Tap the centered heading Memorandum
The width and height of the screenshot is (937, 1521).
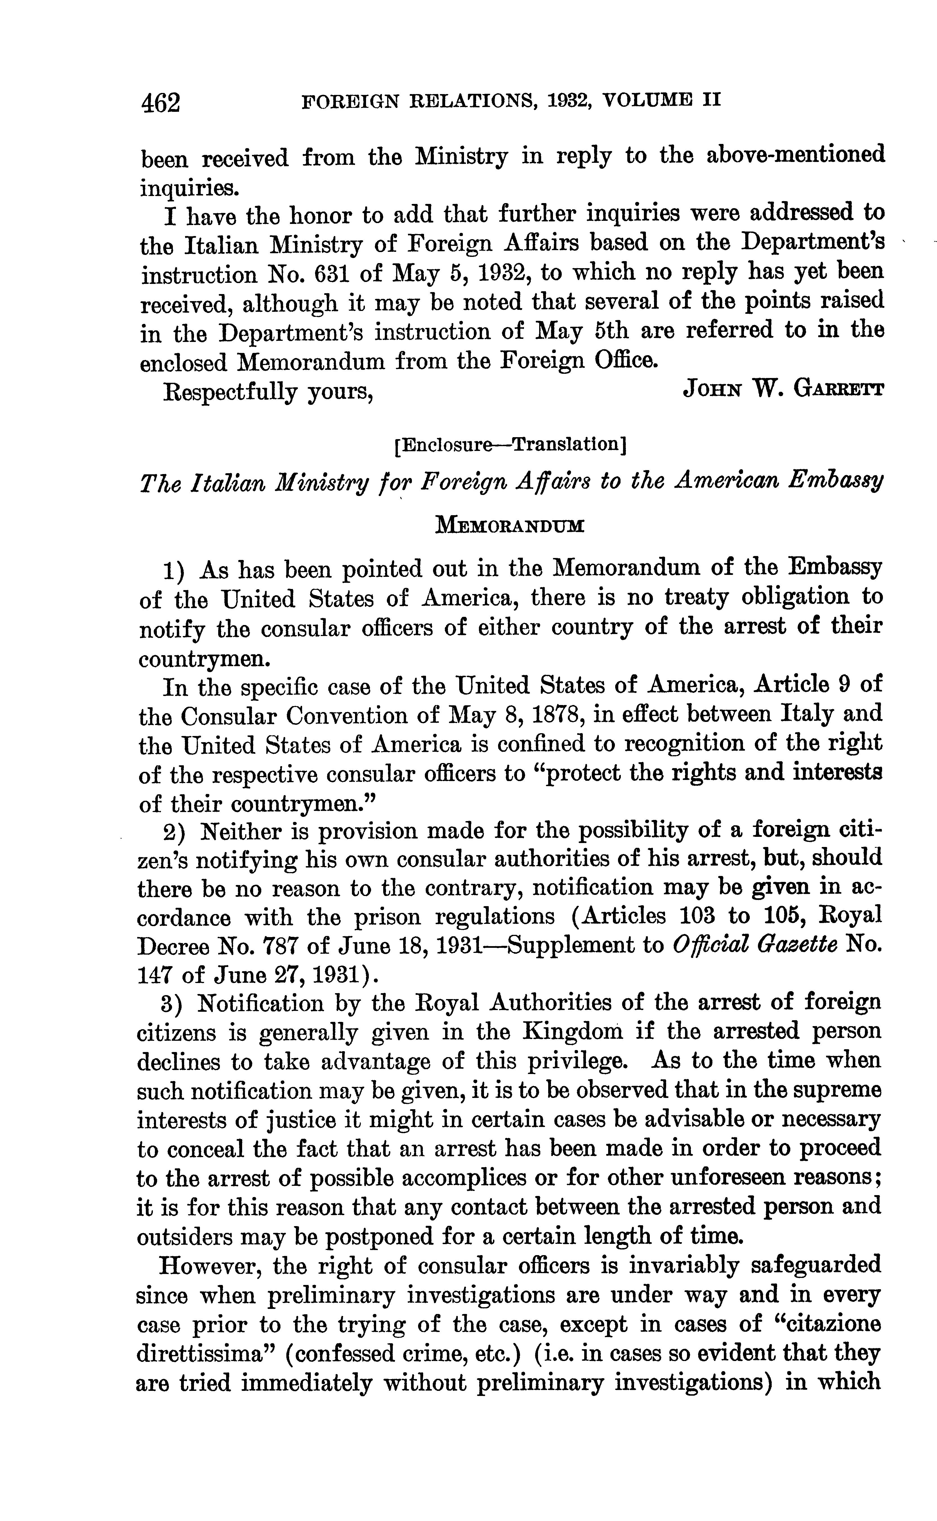pyautogui.click(x=510, y=526)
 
